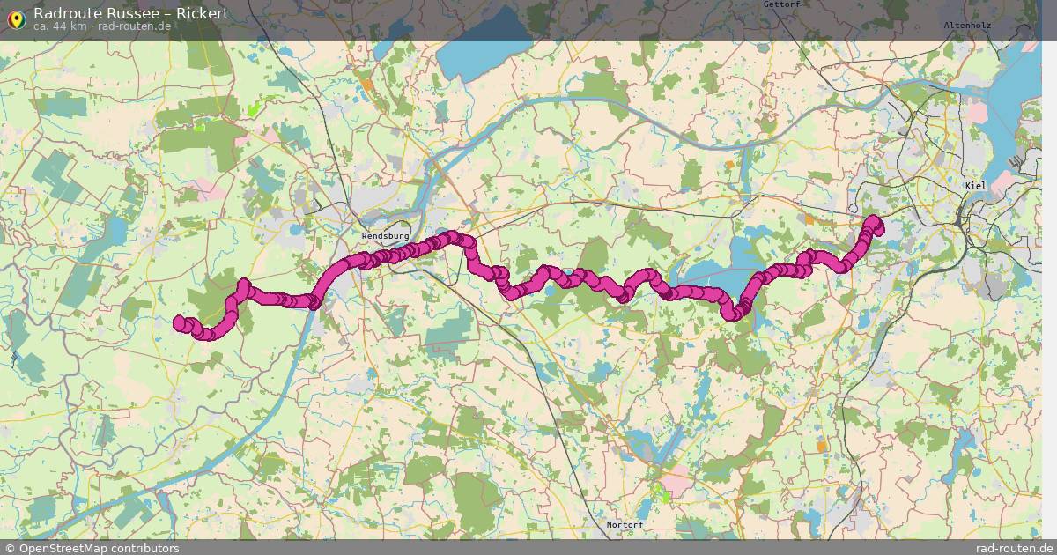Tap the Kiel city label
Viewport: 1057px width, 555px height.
(x=976, y=186)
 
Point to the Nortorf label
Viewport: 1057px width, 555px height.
(x=625, y=525)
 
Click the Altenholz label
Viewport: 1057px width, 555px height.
(x=966, y=26)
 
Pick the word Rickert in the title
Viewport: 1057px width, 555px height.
(x=202, y=13)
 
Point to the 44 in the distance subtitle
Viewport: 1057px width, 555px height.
(x=58, y=26)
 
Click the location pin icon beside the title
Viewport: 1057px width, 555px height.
(x=15, y=17)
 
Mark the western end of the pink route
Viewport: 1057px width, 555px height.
(x=179, y=322)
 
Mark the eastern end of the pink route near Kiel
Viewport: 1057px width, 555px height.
(x=875, y=220)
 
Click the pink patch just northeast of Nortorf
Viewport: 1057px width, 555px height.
(x=677, y=481)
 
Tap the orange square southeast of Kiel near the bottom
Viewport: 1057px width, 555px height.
(x=822, y=447)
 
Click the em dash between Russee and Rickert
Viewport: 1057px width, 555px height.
(x=165, y=13)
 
